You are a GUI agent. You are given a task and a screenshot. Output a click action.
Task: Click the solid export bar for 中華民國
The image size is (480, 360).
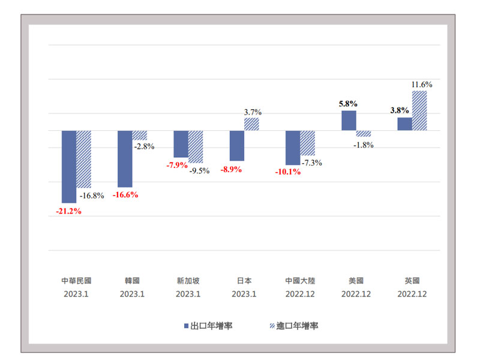[x=69, y=166]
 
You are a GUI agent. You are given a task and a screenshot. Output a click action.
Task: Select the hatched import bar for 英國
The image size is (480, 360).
[x=419, y=110]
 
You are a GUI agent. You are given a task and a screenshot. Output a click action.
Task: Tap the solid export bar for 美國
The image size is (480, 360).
[x=349, y=121]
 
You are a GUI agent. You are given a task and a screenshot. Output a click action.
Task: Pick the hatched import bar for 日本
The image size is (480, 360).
[x=252, y=124]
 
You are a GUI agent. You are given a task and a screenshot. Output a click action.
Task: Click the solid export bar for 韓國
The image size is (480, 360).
[x=125, y=158]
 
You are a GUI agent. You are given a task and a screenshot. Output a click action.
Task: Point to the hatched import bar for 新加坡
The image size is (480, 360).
[x=196, y=146]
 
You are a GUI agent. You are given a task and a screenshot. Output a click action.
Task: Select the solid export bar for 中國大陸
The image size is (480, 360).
[x=293, y=148]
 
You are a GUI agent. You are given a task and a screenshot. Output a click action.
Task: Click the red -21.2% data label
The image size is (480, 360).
[x=68, y=211]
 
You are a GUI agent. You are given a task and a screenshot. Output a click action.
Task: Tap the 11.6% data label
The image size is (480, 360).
[x=422, y=85]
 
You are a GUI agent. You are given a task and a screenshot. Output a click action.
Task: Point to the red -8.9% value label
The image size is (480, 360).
[x=231, y=170]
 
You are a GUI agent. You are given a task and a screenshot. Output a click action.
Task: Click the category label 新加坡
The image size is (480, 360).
[x=188, y=280]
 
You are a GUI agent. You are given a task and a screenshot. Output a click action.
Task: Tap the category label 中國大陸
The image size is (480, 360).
[x=300, y=280]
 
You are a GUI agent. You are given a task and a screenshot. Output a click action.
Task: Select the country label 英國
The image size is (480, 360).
[x=412, y=280]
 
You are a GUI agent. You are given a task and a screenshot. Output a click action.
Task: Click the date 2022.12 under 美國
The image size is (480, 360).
[x=356, y=294]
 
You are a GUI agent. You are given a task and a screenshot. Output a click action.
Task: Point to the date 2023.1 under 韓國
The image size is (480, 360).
[x=132, y=294]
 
